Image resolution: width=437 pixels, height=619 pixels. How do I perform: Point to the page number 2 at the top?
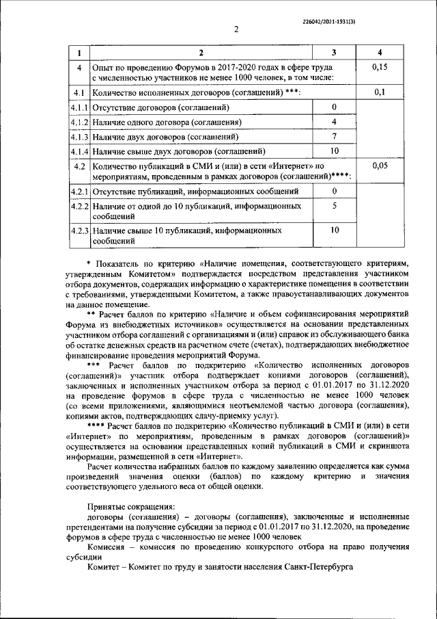tap(236, 29)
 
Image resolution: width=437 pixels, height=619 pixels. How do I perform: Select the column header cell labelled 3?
tap(334, 53)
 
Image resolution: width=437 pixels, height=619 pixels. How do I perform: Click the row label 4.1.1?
tap(80, 107)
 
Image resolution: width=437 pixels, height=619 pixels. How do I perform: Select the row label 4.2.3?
tap(80, 231)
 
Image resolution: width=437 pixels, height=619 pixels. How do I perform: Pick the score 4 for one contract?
tap(334, 122)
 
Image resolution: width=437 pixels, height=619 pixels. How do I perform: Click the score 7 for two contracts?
tap(334, 137)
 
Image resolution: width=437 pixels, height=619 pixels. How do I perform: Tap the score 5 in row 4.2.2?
tap(334, 205)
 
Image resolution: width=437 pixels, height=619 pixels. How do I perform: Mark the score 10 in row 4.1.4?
tap(334, 151)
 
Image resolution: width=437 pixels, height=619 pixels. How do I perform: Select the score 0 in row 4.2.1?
tap(334, 190)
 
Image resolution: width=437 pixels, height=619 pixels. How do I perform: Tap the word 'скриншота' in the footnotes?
tap(389, 445)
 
